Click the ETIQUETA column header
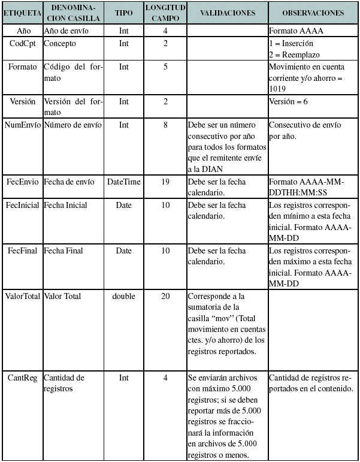(x=22, y=13)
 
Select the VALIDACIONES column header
(x=227, y=13)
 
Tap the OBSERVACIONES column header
(x=313, y=13)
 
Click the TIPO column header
(x=123, y=13)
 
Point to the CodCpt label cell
(x=22, y=43)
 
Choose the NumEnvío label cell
(x=22, y=125)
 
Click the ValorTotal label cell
(x=22, y=296)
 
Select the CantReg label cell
(x=22, y=378)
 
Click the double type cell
(x=123, y=296)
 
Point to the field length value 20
(x=165, y=296)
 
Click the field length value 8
(x=165, y=125)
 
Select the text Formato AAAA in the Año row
(x=296, y=29)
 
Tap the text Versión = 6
(x=289, y=101)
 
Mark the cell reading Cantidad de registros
(x=64, y=383)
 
